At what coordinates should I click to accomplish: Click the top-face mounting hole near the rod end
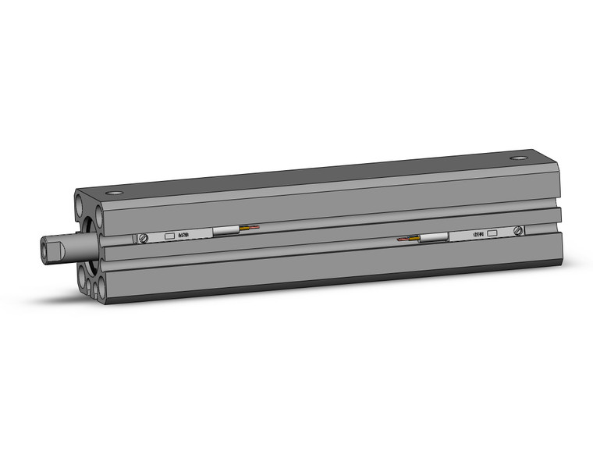(x=115, y=192)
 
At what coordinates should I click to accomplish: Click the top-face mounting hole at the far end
(x=519, y=158)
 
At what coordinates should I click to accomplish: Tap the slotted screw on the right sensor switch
(x=517, y=230)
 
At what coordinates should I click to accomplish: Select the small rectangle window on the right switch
(x=492, y=233)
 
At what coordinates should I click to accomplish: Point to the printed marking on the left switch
(x=184, y=234)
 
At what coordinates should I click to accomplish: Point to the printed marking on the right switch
(x=473, y=233)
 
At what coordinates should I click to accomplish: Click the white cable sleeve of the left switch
(x=226, y=231)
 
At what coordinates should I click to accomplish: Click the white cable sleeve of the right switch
(x=433, y=237)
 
